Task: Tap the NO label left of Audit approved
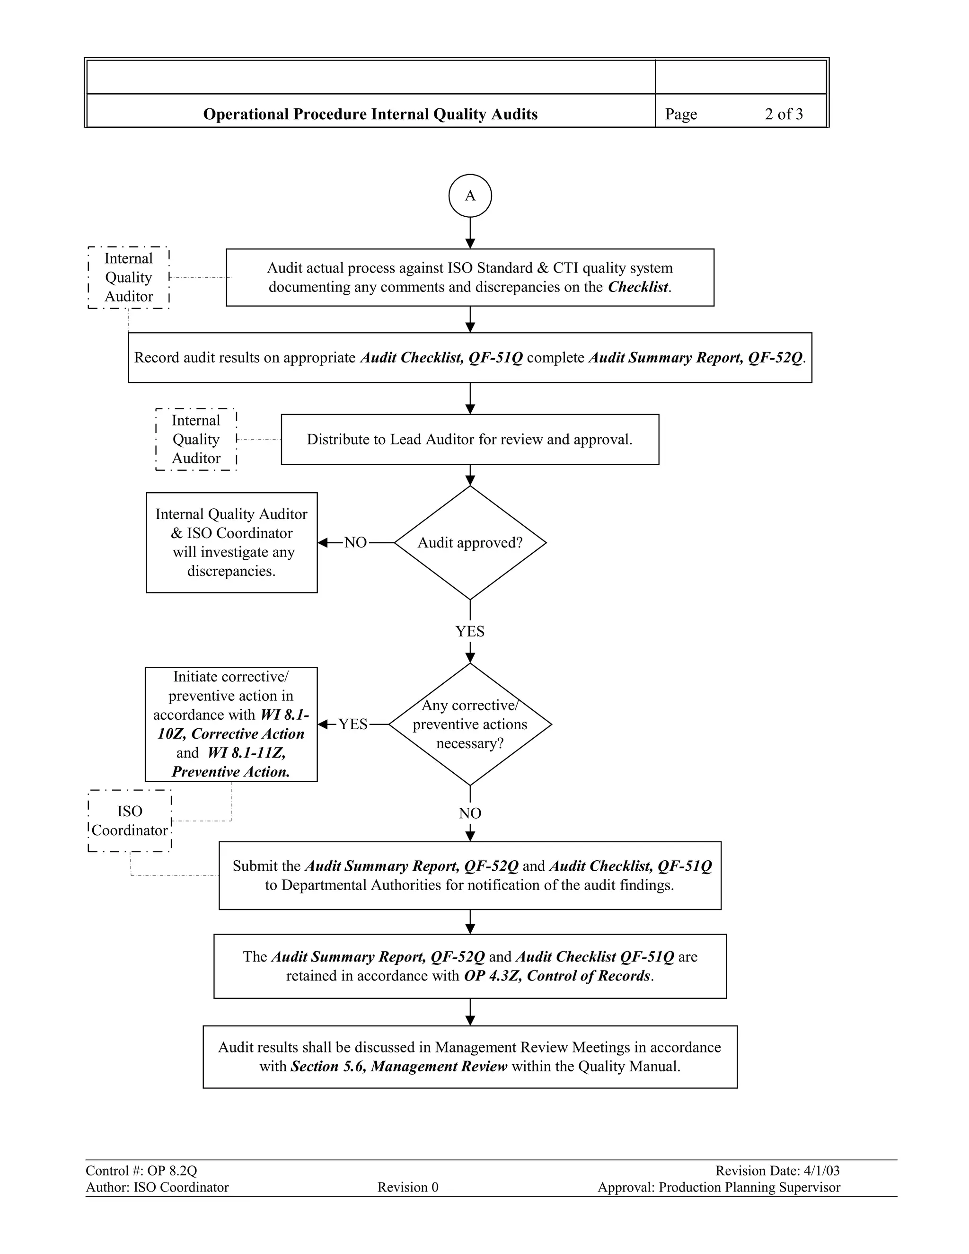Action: [355, 543]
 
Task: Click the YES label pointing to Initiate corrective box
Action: [352, 724]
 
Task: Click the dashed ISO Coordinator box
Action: [130, 821]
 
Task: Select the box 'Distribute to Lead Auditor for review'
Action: [469, 439]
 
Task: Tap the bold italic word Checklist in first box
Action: [638, 287]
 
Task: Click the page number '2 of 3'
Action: [784, 114]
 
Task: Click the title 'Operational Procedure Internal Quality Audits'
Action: [370, 114]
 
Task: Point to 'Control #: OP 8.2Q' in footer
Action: [141, 1171]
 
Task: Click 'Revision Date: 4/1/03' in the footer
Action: [777, 1171]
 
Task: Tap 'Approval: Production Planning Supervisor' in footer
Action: [719, 1187]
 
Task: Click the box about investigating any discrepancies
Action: [231, 543]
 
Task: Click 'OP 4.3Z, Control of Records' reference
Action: [557, 976]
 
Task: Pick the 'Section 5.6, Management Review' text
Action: [399, 1066]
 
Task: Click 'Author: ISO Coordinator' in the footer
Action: [157, 1187]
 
